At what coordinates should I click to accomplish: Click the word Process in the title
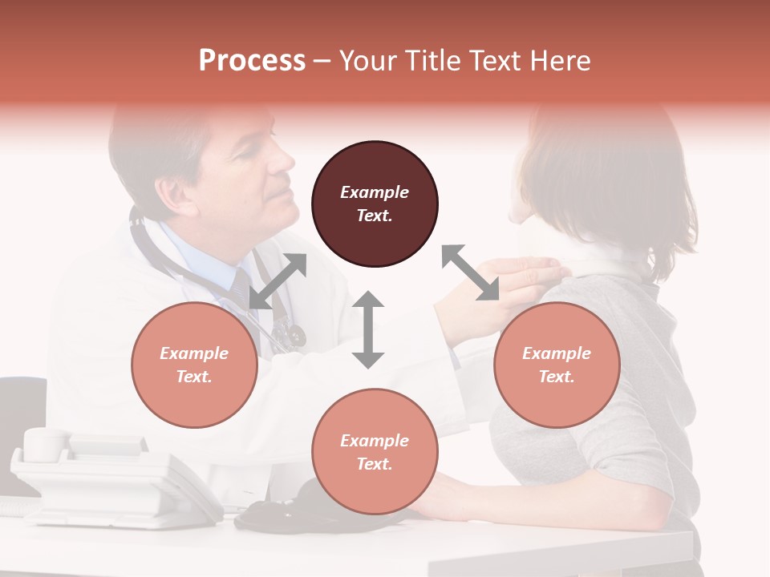252,61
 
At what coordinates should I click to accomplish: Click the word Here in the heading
561,61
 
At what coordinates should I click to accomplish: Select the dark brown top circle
375,204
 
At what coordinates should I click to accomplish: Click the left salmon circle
194,365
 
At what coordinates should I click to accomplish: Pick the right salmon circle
557,365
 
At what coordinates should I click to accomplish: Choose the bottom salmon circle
375,452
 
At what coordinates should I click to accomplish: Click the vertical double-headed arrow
368,329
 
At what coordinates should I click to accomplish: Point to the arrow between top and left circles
278,281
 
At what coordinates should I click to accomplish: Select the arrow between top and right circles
471,273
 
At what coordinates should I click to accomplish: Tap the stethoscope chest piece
292,335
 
